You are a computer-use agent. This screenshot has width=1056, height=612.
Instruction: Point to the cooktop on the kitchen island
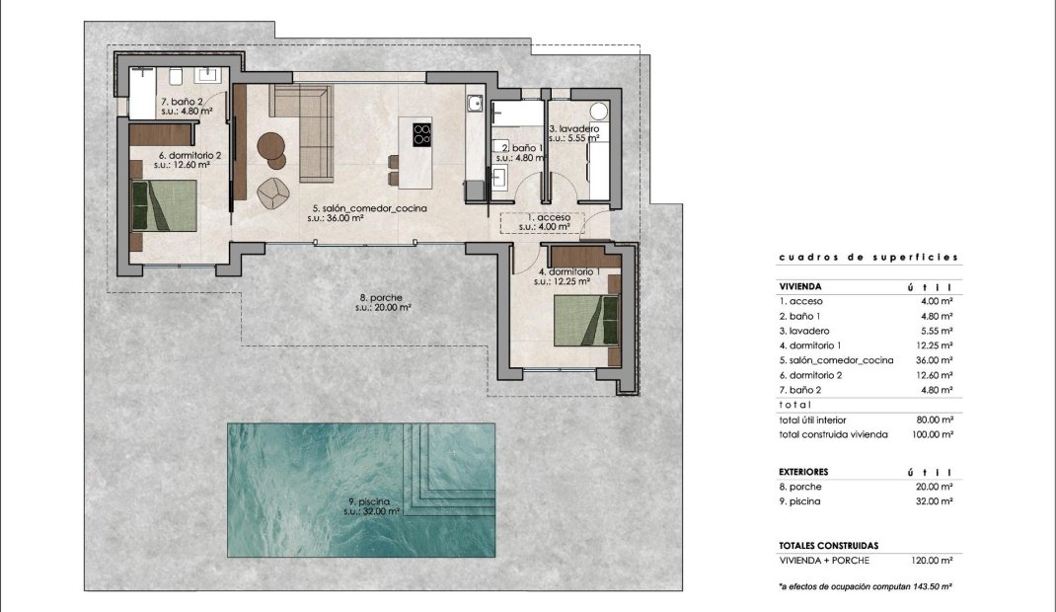point(421,133)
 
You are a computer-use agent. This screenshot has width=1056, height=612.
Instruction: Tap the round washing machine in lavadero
point(599,111)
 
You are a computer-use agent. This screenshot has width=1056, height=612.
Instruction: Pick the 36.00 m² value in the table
point(933,360)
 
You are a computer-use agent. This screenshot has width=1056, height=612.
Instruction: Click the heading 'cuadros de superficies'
point(868,257)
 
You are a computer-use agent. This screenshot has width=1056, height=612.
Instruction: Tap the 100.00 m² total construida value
point(931,434)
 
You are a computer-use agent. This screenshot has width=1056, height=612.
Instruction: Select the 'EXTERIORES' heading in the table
point(804,472)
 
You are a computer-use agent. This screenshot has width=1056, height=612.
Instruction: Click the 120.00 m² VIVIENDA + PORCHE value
point(931,560)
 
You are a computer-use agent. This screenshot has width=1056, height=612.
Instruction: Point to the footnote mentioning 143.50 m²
point(865,586)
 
